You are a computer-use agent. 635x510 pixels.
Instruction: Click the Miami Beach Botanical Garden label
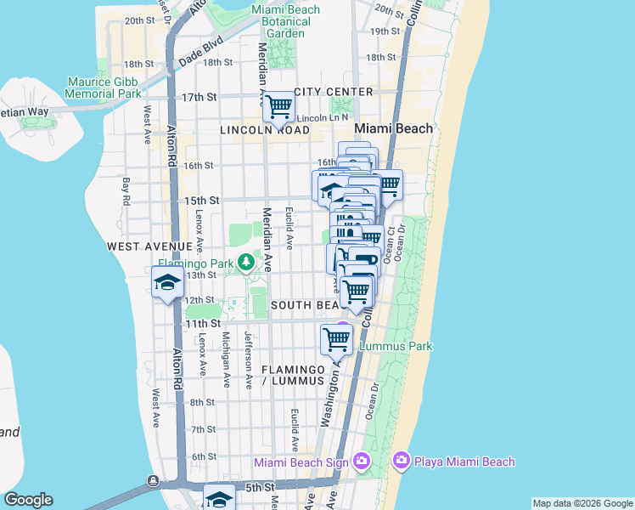coord(286,21)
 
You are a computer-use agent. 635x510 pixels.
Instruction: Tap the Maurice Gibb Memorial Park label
coord(104,88)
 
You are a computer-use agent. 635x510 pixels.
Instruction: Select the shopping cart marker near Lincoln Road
coord(278,108)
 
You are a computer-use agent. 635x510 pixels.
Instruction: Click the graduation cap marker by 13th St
coord(167,283)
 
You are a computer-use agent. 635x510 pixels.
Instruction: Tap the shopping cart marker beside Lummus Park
coord(337,340)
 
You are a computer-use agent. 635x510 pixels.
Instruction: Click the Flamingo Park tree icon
coord(246,262)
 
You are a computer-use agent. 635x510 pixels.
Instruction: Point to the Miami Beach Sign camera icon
coord(362,461)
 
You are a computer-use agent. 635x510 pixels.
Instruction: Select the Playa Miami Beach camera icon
coord(401,461)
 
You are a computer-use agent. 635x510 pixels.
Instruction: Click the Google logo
coord(28,500)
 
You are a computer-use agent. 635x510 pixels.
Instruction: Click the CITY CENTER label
coord(334,91)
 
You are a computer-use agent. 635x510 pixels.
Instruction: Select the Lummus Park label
coord(396,346)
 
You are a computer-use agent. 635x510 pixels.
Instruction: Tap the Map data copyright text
coord(582,503)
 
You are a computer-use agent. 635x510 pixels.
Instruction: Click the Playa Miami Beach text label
coord(464,462)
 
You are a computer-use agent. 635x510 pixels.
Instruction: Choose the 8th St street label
coord(203,402)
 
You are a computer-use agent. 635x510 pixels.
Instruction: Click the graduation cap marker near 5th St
coord(220,500)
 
